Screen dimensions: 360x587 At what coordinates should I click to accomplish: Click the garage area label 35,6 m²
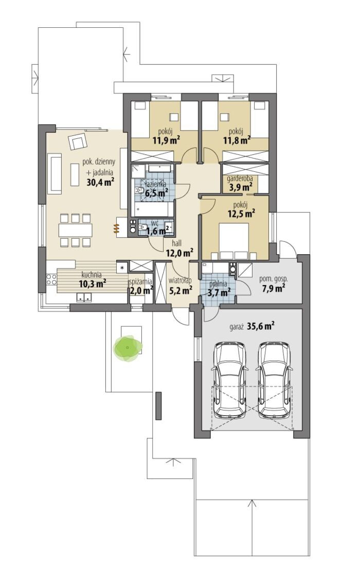pos(260,326)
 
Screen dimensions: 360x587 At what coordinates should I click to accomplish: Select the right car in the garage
pos(275,380)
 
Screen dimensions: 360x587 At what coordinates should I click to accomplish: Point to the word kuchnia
pos(92,275)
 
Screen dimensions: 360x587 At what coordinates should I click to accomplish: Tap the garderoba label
pos(240,179)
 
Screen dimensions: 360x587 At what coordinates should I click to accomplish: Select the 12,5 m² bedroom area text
pos(241,214)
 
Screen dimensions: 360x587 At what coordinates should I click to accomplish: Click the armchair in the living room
pos(78,142)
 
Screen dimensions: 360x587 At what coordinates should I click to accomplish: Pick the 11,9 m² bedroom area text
pos(167,140)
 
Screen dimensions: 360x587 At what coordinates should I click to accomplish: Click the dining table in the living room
pos(75,230)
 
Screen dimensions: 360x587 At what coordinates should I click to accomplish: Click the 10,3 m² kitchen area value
pos(93,283)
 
